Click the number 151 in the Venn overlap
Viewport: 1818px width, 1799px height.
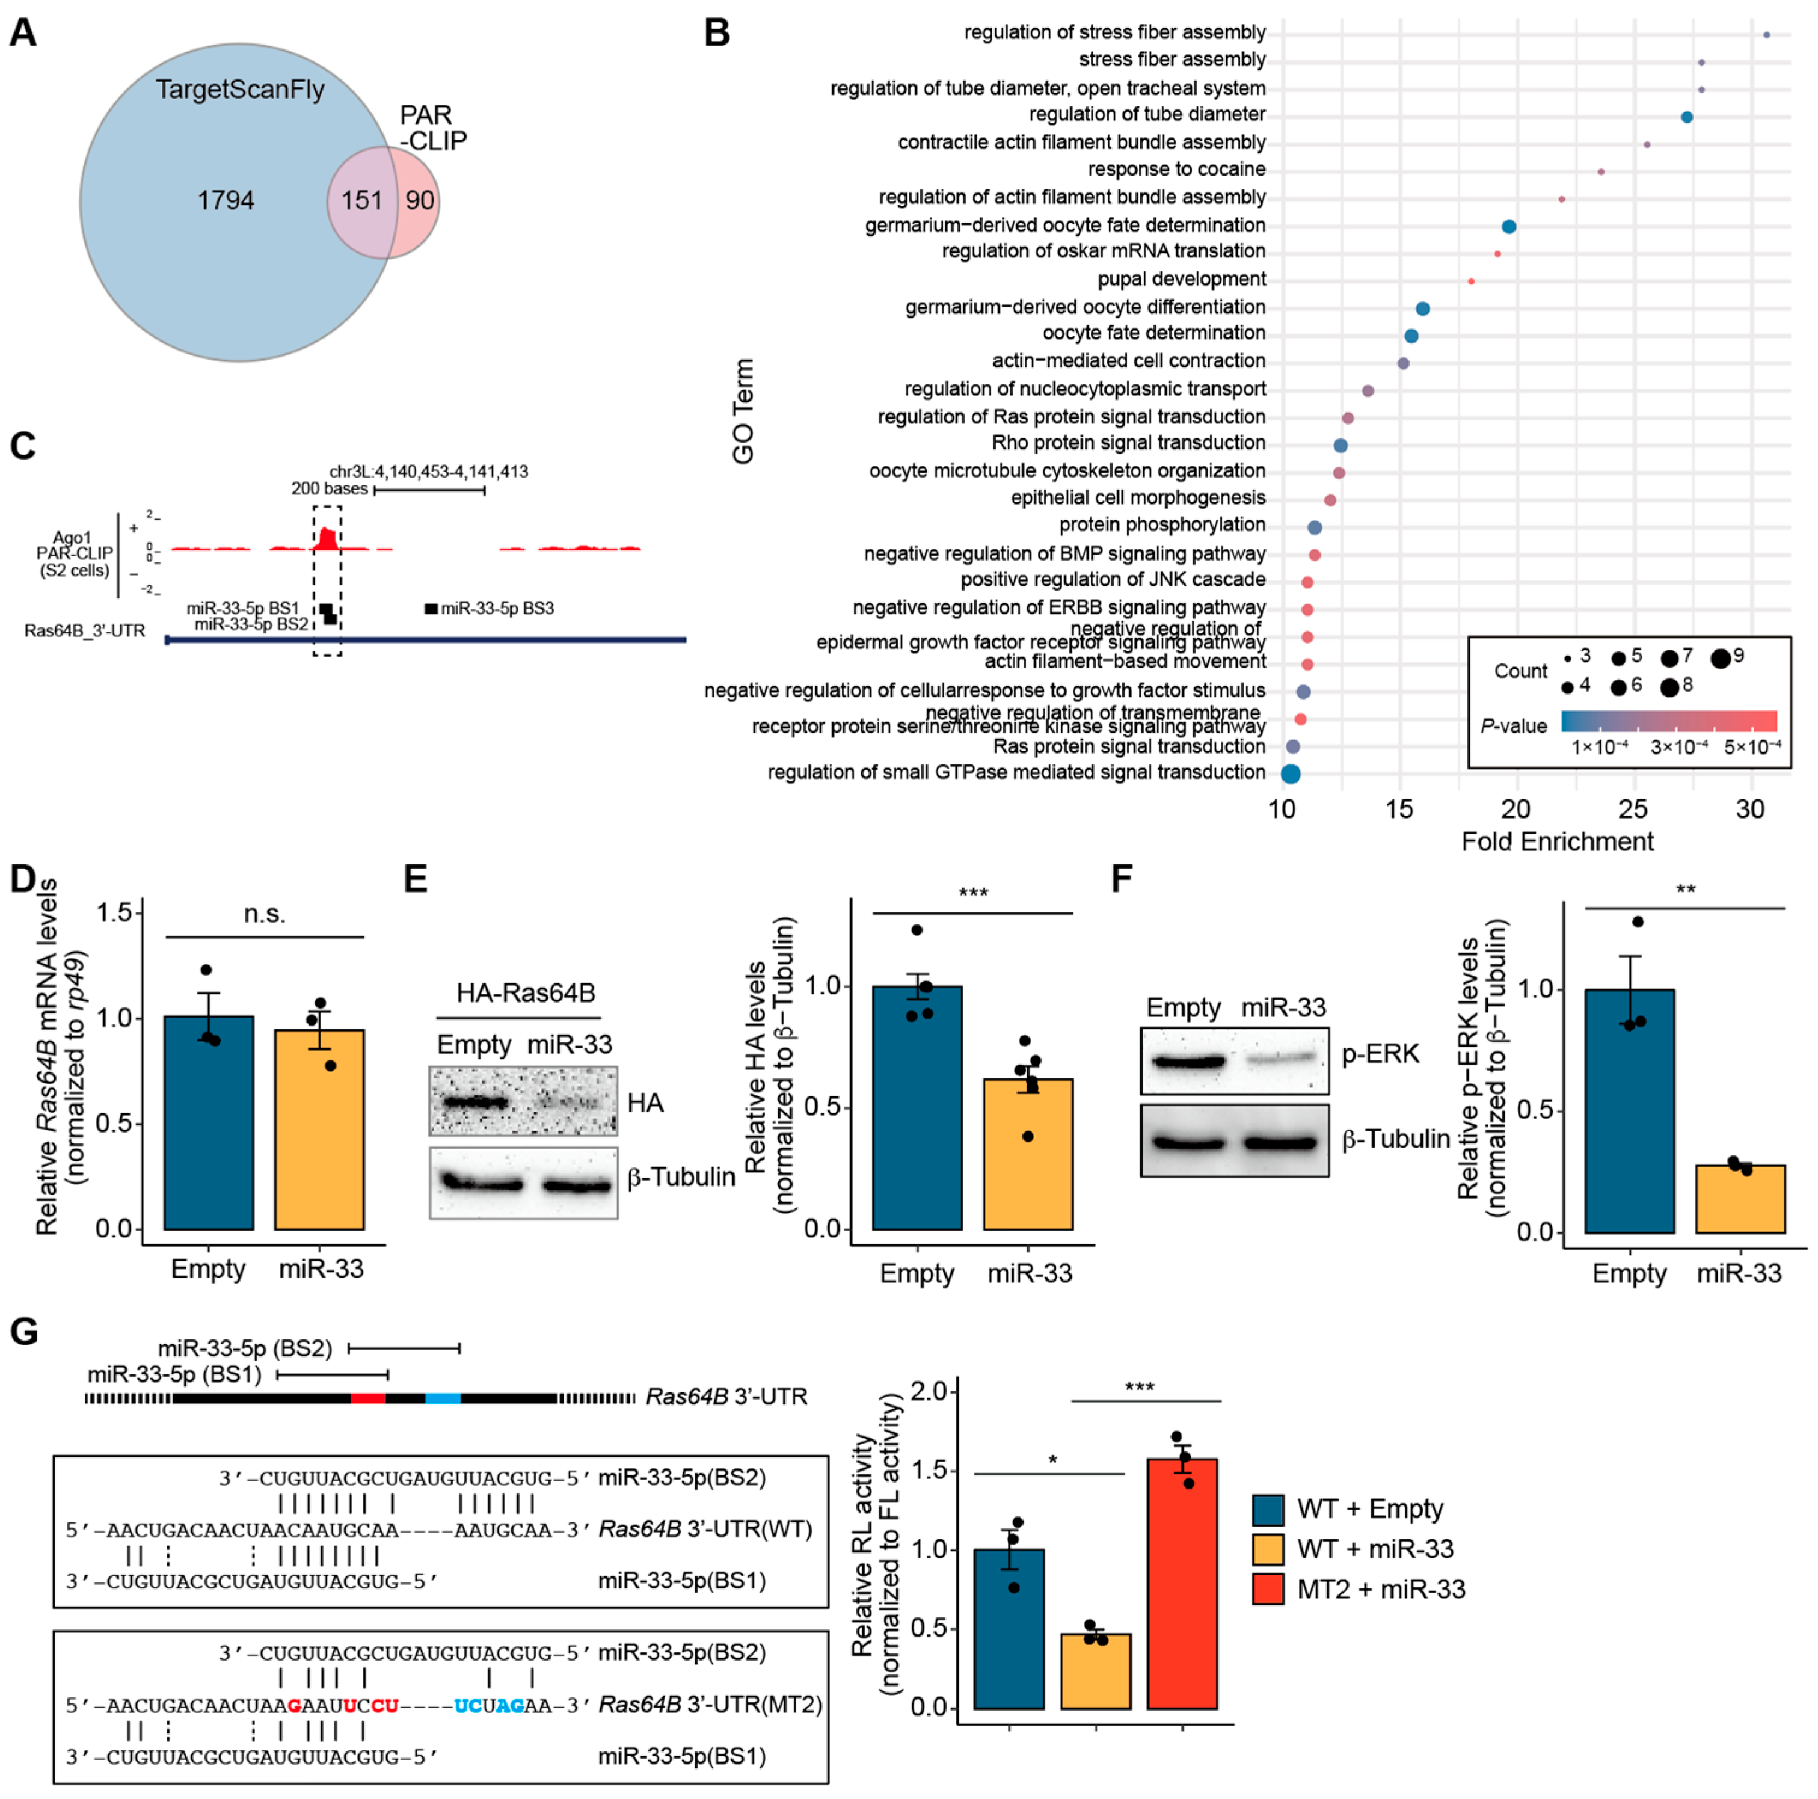[x=361, y=200]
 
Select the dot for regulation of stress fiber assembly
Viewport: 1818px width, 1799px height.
[x=1766, y=35]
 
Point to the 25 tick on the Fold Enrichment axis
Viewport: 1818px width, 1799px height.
[x=1633, y=809]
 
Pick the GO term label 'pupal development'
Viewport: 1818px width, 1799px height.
[x=1181, y=280]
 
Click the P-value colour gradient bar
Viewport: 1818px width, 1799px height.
[x=1668, y=721]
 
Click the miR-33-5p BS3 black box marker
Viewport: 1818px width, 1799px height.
[x=431, y=609]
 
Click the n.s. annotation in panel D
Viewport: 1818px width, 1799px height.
[x=265, y=915]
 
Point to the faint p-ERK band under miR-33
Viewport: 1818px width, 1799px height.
[x=1281, y=1059]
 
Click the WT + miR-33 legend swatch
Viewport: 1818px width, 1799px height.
[x=1268, y=1549]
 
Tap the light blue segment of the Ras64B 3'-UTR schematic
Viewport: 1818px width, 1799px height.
[x=442, y=1398]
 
